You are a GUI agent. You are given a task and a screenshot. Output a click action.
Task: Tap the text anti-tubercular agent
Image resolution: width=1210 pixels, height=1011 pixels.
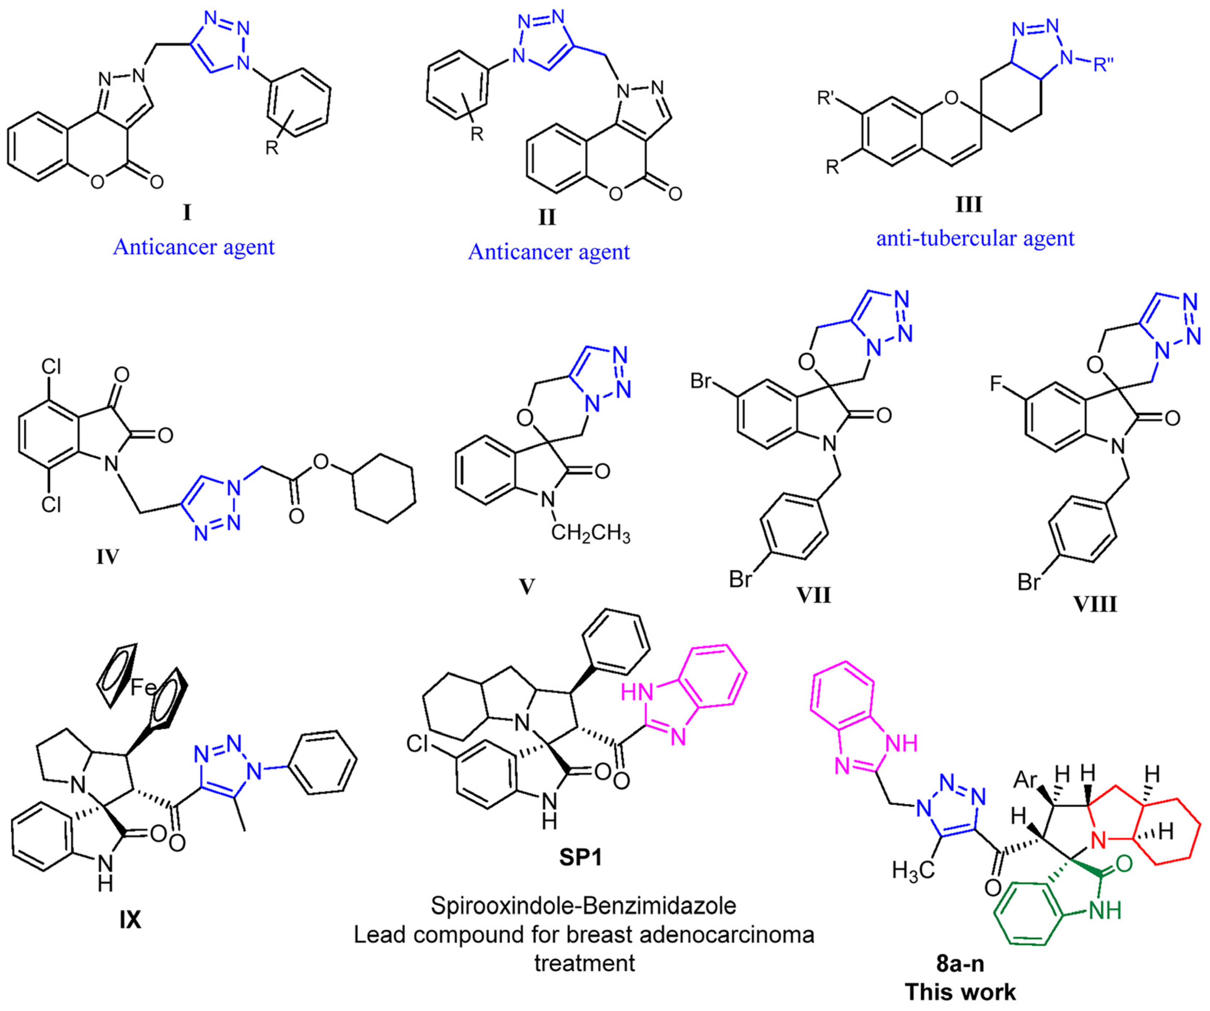click(x=975, y=238)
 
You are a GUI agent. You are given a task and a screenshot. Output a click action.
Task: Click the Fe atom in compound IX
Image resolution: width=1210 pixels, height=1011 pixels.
click(x=144, y=687)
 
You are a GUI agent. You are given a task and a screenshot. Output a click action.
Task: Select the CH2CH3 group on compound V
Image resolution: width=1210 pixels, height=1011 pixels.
click(x=590, y=534)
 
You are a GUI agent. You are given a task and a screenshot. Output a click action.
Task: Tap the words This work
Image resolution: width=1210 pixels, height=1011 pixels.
click(x=961, y=992)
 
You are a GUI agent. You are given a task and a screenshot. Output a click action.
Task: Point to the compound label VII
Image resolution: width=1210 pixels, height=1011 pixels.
click(x=813, y=594)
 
